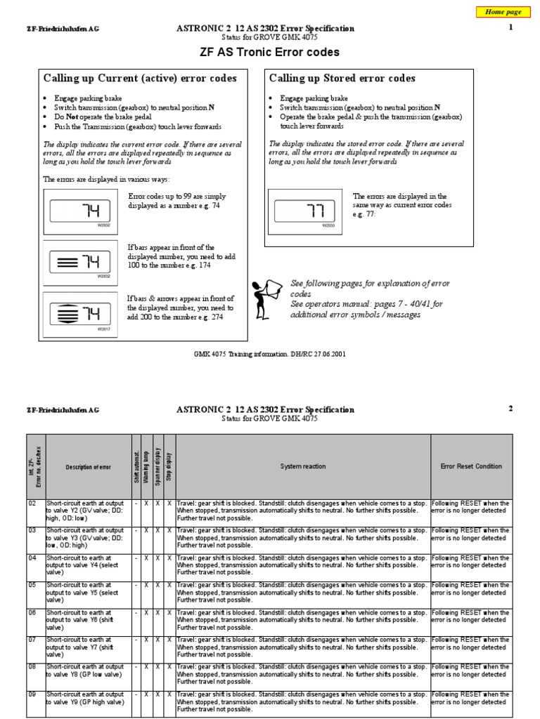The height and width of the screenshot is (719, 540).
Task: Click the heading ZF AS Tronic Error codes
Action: [x=270, y=53]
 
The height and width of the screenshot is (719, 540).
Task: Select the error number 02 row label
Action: [x=32, y=503]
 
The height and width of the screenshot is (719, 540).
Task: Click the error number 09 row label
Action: [x=32, y=694]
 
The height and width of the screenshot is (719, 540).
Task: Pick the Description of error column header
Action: [x=88, y=466]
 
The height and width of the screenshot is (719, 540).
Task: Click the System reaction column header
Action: [x=303, y=466]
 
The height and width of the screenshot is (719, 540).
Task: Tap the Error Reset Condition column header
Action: [x=471, y=466]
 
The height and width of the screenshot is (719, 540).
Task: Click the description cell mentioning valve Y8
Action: [x=88, y=672]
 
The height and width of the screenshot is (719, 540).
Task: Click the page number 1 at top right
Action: [x=511, y=27]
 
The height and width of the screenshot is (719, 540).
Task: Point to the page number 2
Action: [x=511, y=409]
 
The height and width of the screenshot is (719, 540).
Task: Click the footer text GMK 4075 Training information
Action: [x=270, y=355]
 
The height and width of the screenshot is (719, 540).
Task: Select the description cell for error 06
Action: [x=88, y=618]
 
